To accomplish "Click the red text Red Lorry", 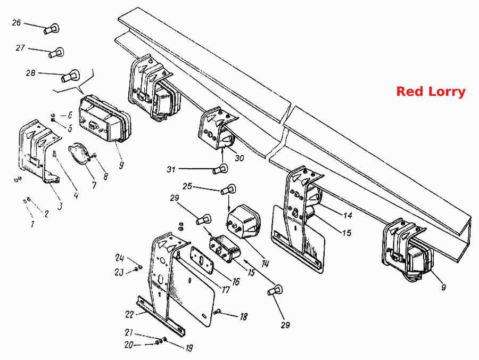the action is pos(431,92).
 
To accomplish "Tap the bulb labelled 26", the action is pos(51,29).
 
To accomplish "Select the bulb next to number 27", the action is pos(56,53).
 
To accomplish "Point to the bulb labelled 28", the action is pos(71,76).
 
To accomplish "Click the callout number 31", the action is pos(171,169).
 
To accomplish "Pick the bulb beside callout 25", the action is pos(228,190).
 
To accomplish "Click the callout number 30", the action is pos(240,158).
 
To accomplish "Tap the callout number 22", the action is pos(129,314).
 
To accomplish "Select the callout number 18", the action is pos(243,317).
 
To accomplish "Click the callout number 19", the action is pos(189,348).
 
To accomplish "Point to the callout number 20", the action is pos(129,345).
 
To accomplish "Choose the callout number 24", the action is pos(119,258).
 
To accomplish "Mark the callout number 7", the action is pos(94,185).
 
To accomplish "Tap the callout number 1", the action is pos(32,224).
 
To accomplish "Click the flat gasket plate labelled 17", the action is pos(202,260).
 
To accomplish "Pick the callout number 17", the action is pos(226,289).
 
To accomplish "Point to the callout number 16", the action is pos(236,282).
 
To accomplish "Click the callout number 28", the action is pos(30,73).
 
